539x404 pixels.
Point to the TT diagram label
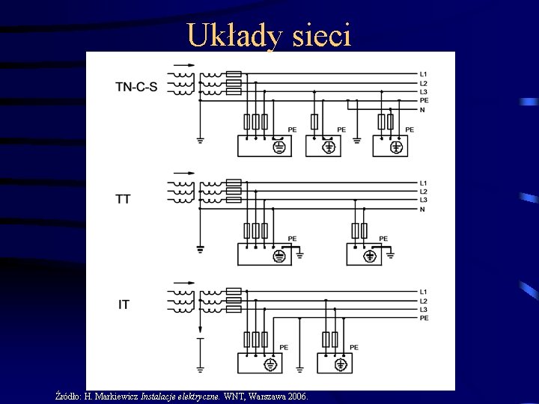123,199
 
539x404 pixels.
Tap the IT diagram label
124,304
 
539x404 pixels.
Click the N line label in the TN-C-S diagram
423,110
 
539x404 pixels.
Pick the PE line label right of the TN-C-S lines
424,100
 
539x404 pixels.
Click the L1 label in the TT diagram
424,183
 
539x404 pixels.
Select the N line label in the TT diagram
423,209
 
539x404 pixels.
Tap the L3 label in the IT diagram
424,309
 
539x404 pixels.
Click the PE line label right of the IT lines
424,318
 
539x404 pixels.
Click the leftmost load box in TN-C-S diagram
266,146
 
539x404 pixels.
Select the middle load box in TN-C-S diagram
326,146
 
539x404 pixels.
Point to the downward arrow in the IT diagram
200,346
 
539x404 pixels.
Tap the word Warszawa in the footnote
267,395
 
